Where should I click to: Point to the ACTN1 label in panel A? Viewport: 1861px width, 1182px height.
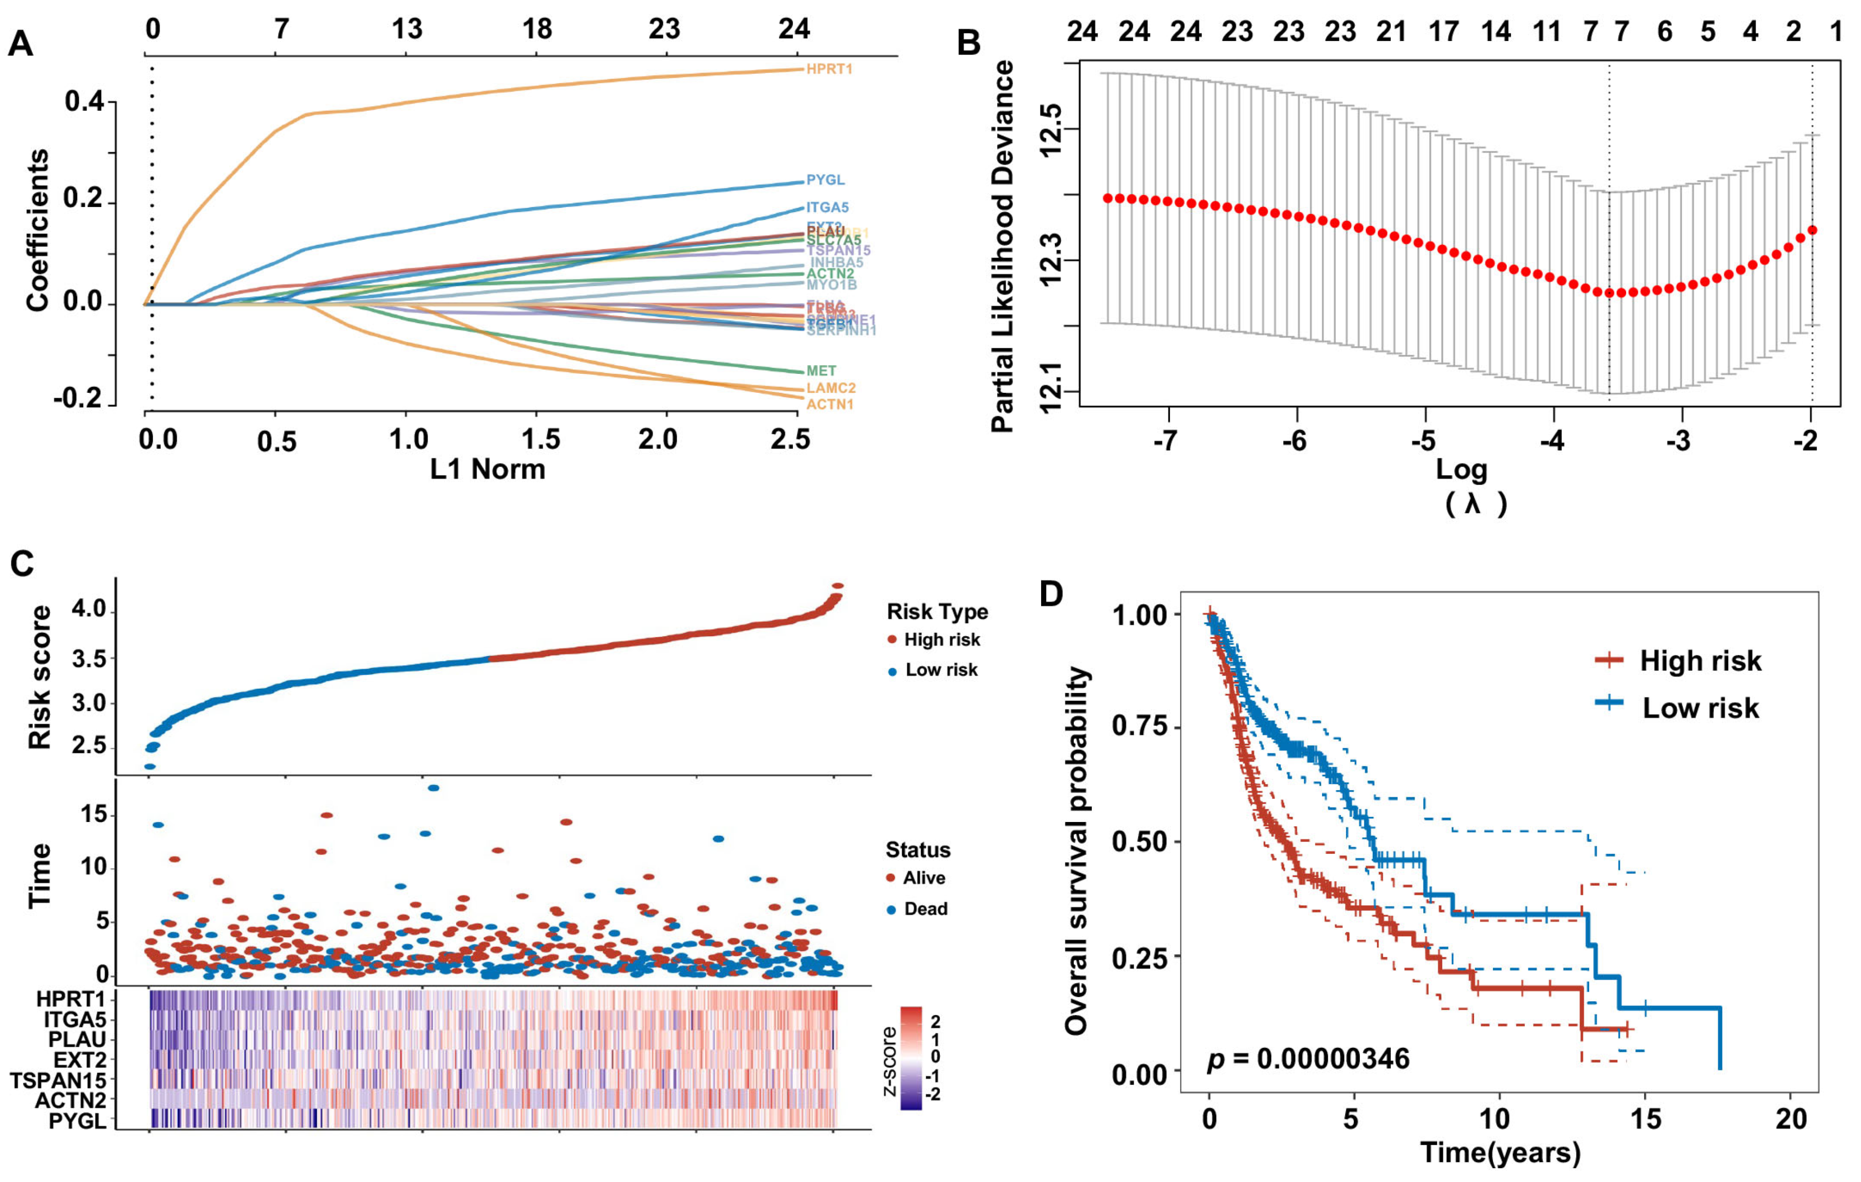(829, 404)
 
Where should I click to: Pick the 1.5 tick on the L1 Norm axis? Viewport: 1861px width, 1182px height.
(539, 440)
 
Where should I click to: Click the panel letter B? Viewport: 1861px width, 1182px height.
(969, 43)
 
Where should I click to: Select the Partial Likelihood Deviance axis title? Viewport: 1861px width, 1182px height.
(1002, 247)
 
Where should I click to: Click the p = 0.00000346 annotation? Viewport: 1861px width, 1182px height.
(1308, 1058)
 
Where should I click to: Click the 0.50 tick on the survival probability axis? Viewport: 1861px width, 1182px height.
(1138, 842)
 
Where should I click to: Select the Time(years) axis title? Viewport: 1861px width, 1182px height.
(1500, 1153)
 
